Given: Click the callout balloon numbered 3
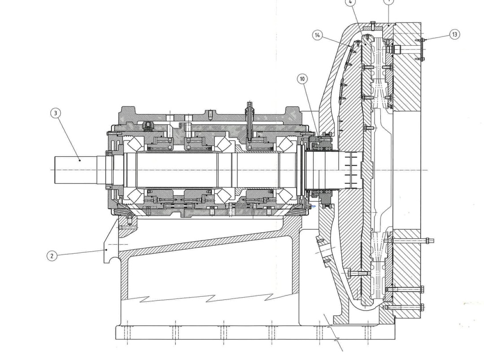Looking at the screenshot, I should tap(56, 113).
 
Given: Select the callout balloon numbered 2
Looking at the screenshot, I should tap(52, 256).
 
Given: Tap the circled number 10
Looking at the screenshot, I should tap(302, 79).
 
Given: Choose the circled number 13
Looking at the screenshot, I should tap(454, 35).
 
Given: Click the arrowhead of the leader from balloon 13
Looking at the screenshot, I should tap(423, 40).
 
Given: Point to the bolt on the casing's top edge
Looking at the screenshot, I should tap(372, 24).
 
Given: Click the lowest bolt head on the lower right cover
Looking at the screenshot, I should tap(422, 307).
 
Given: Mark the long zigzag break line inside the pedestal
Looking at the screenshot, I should tap(206, 298).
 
